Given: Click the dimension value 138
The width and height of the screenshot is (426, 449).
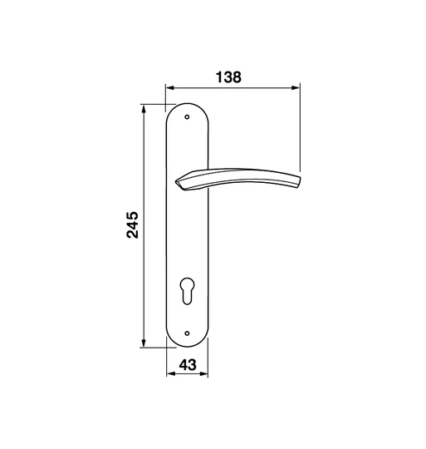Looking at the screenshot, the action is pyautogui.click(x=228, y=77).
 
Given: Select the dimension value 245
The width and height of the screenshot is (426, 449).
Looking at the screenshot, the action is pyautogui.click(x=133, y=224).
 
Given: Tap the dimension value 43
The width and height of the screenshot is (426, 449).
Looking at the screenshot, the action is pyautogui.click(x=188, y=365).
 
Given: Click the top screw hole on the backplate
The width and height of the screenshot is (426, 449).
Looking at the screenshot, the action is pyautogui.click(x=187, y=117).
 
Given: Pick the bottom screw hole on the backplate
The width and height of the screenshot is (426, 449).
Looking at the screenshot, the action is pyautogui.click(x=187, y=333).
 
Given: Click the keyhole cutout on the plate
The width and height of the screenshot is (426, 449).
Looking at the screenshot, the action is pyautogui.click(x=188, y=290).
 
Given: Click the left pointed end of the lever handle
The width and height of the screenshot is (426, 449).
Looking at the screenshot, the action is pyautogui.click(x=177, y=181).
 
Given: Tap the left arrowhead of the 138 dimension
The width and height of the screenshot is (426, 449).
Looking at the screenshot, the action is pyautogui.click(x=170, y=87).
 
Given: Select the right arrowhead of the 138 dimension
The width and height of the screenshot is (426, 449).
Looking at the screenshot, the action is pyautogui.click(x=296, y=87).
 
